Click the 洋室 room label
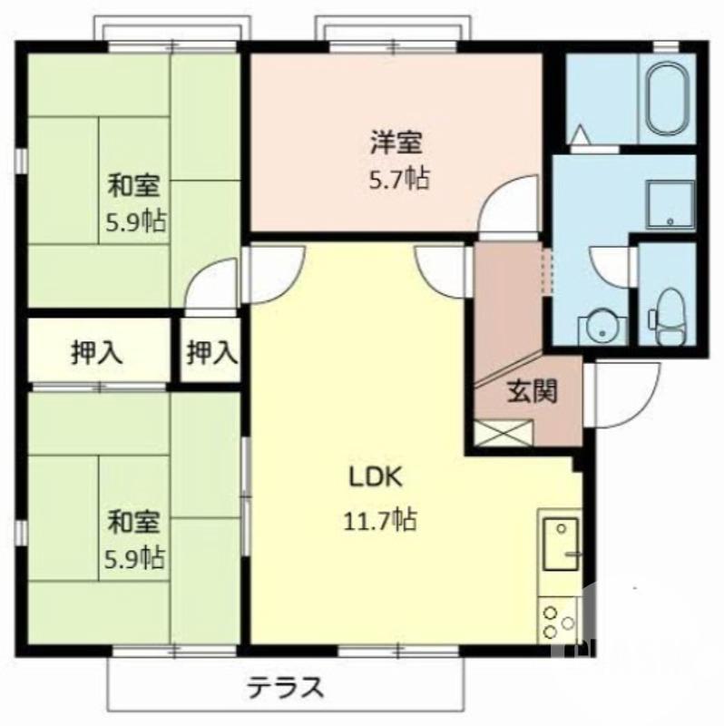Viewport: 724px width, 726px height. (394, 142)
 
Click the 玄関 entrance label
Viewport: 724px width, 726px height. (531, 392)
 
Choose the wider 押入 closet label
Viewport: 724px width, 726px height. (98, 351)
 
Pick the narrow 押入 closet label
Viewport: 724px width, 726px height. (211, 351)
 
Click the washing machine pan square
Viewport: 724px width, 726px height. (670, 204)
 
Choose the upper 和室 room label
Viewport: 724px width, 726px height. (135, 187)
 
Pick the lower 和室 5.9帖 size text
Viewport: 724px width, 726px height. (135, 555)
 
